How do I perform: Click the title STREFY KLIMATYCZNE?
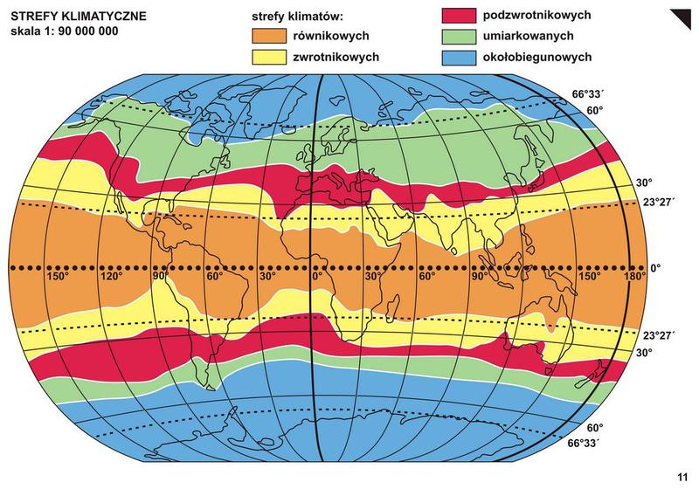pos(79,17)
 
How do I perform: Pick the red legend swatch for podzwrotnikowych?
pos(456,17)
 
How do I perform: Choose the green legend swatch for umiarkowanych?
pos(456,37)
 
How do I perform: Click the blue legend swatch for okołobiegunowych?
pos(456,58)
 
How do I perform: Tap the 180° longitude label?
pos(633,277)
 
